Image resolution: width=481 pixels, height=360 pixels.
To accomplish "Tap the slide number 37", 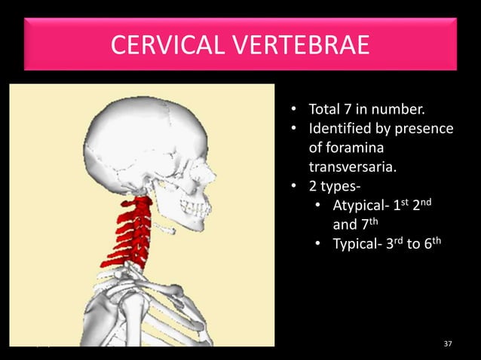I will point(449,343).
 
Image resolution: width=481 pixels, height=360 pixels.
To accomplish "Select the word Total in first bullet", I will point(325,113).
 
